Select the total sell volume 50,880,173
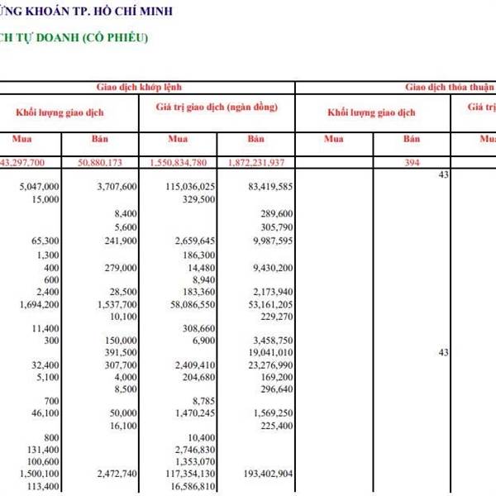[109, 162]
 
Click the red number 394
[412, 162]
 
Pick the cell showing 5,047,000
[39, 188]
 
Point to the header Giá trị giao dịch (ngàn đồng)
[217, 107]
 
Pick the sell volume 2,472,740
[116, 474]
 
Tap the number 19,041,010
[269, 351]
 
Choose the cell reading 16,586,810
[195, 487]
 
